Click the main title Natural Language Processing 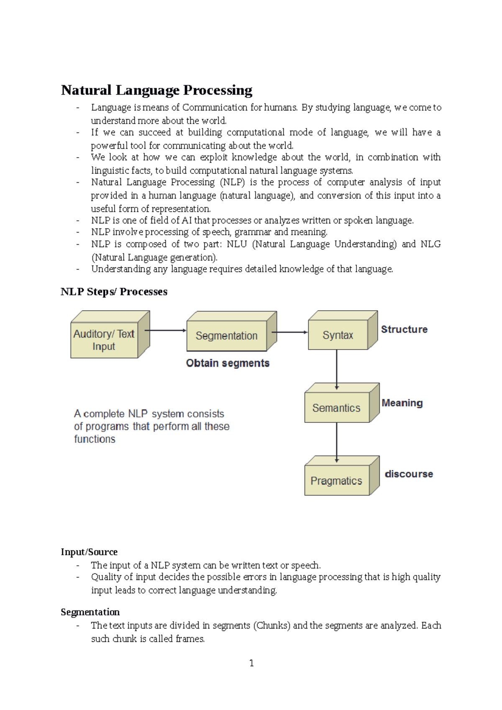(x=156, y=90)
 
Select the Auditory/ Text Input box (x=104, y=340)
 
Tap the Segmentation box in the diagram (x=226, y=336)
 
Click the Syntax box (x=338, y=335)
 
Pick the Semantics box (x=336, y=408)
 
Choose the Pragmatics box (x=336, y=481)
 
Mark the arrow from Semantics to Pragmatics (x=337, y=442)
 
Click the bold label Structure (x=404, y=329)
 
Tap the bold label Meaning (x=402, y=403)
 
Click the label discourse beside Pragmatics (x=409, y=474)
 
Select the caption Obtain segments (x=228, y=363)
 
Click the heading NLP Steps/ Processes (x=114, y=291)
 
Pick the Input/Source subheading (x=89, y=552)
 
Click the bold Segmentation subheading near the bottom (x=90, y=612)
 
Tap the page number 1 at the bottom (x=251, y=663)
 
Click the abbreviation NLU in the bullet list (x=237, y=244)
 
